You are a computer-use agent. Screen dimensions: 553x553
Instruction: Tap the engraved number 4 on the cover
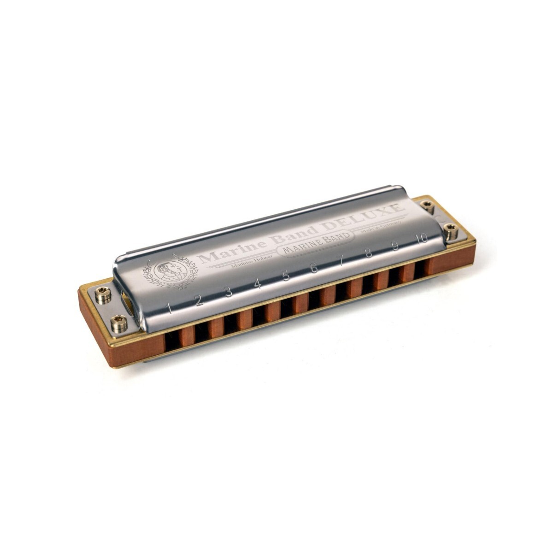(257, 284)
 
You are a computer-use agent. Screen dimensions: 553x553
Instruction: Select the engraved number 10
(421, 238)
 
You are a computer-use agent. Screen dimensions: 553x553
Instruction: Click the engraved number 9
(395, 245)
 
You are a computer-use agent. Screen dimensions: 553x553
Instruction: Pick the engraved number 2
(199, 300)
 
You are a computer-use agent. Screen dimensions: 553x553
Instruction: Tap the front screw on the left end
(119, 323)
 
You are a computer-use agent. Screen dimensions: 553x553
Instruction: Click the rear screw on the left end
(102, 294)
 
